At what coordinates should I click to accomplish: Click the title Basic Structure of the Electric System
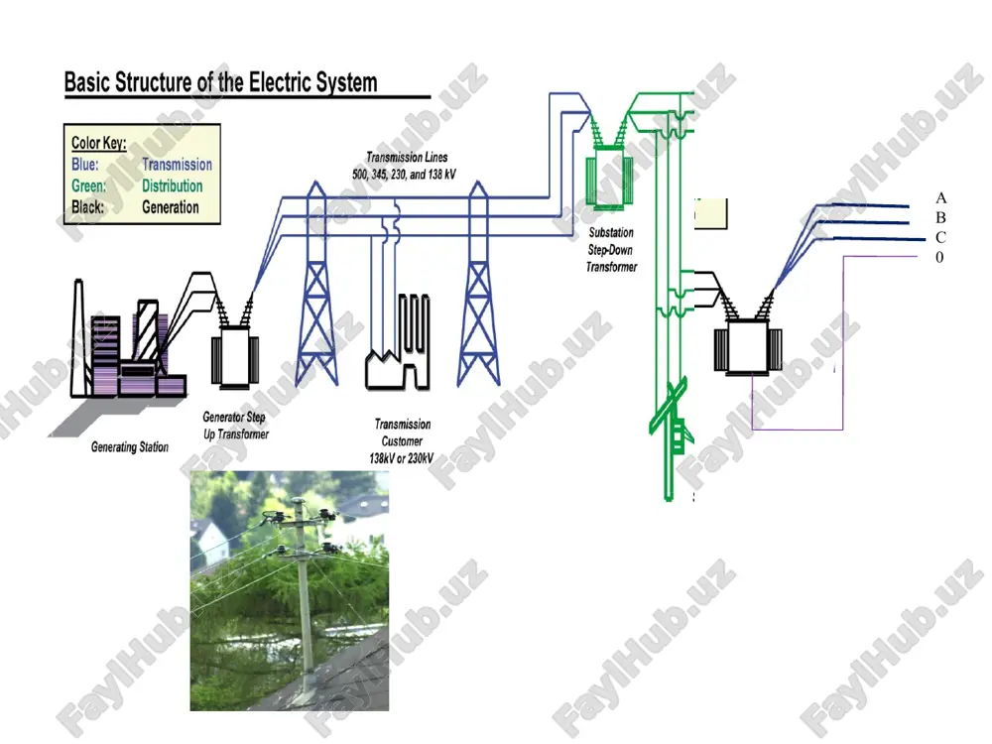(x=221, y=83)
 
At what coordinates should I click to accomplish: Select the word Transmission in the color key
(x=177, y=165)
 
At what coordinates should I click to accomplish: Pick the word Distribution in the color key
(x=172, y=186)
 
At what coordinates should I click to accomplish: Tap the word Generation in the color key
(x=171, y=207)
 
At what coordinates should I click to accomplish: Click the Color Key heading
(x=98, y=143)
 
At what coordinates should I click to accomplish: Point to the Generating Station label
(x=130, y=447)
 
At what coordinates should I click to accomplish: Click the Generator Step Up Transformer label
(x=235, y=426)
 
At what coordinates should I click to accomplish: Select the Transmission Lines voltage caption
(x=404, y=166)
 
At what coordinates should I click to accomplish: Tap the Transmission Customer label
(x=402, y=441)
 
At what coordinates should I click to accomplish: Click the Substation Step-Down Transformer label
(x=611, y=250)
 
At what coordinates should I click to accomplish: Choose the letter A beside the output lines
(x=940, y=198)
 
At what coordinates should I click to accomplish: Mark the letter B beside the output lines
(x=940, y=217)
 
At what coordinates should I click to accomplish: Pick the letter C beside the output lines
(x=940, y=237)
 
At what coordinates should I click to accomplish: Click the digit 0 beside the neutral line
(x=939, y=257)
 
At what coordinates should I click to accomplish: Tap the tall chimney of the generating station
(x=78, y=338)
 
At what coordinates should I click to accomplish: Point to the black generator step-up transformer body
(x=235, y=355)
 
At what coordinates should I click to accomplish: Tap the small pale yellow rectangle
(x=711, y=213)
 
